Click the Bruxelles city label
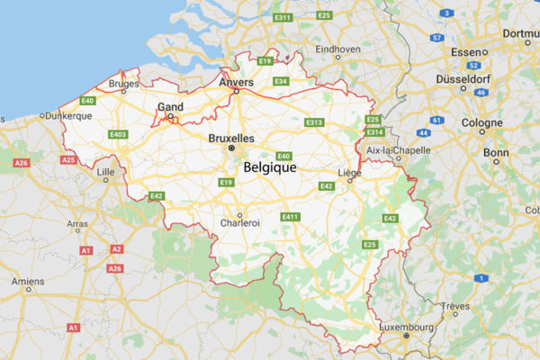point(231,139)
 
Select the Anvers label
point(236,83)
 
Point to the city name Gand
point(170,106)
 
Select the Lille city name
point(105,170)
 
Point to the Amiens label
point(28,282)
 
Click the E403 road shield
point(117,134)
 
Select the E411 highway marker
point(290,217)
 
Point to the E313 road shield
point(314,122)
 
